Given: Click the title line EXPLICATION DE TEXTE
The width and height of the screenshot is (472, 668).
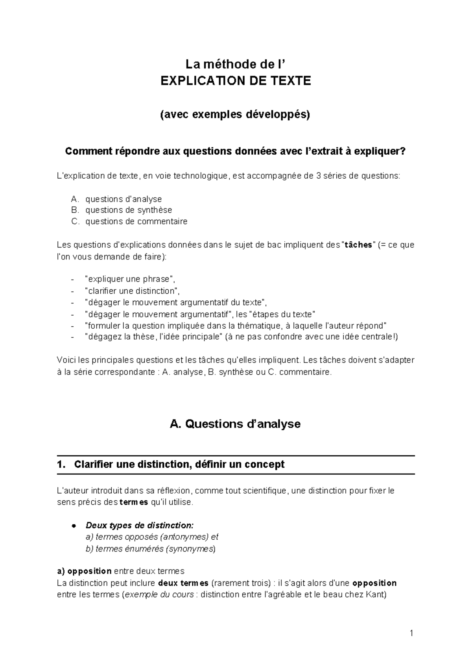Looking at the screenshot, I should pyautogui.click(x=236, y=81).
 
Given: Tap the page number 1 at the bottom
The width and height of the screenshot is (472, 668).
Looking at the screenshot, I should pyautogui.click(x=411, y=633).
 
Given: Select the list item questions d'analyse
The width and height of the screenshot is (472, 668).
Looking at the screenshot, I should pyautogui.click(x=124, y=199).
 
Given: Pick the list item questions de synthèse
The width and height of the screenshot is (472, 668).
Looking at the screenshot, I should pyautogui.click(x=129, y=210).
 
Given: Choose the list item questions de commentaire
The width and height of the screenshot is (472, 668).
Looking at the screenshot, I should pyautogui.click(x=136, y=221).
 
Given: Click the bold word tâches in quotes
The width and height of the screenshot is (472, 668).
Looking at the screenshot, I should pyautogui.click(x=358, y=245).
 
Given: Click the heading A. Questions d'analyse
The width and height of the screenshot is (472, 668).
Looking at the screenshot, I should pyautogui.click(x=235, y=424).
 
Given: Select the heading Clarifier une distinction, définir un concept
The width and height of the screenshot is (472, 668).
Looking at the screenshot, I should pyautogui.click(x=179, y=464).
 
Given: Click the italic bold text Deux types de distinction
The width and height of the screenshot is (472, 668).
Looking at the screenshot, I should pyautogui.click(x=139, y=526).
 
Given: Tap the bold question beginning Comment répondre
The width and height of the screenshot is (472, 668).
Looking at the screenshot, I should pyautogui.click(x=235, y=152).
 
